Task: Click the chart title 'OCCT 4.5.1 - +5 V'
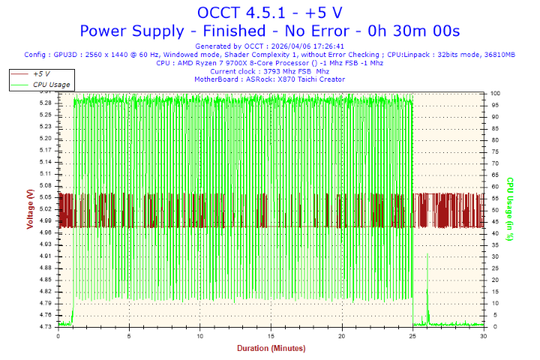[269, 12]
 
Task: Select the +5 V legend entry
[41, 74]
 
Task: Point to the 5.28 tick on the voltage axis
[46, 103]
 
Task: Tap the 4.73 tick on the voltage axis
[46, 326]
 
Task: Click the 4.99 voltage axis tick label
[46, 220]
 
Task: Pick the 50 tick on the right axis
[494, 210]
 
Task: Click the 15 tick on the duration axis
[271, 336]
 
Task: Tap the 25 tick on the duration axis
[413, 336]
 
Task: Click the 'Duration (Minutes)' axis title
[271, 349]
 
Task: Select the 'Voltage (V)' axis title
[29, 209]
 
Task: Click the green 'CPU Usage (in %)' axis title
[509, 209]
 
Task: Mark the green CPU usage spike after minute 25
[427, 259]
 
